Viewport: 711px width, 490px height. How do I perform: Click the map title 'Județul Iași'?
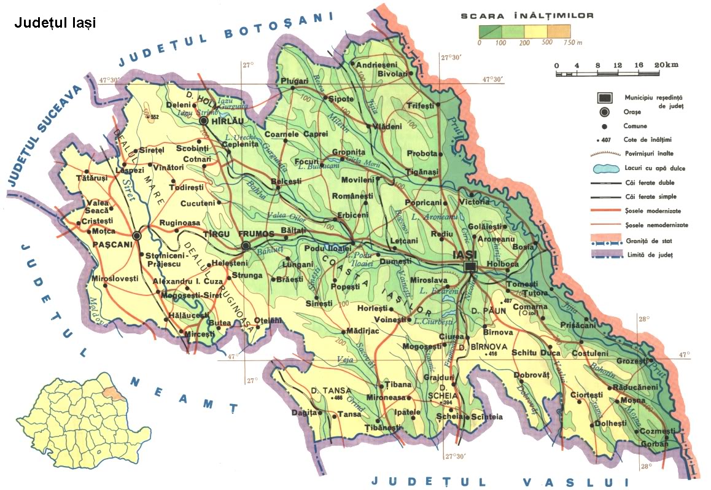[55, 23]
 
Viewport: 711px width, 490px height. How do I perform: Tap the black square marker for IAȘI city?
[470, 265]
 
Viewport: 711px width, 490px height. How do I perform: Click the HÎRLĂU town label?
[227, 122]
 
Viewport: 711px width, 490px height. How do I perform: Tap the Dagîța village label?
[305, 412]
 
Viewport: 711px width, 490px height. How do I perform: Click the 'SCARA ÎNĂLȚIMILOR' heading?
[527, 15]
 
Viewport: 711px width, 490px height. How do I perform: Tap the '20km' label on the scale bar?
[666, 65]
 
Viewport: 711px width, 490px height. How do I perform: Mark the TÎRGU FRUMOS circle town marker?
[246, 246]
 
